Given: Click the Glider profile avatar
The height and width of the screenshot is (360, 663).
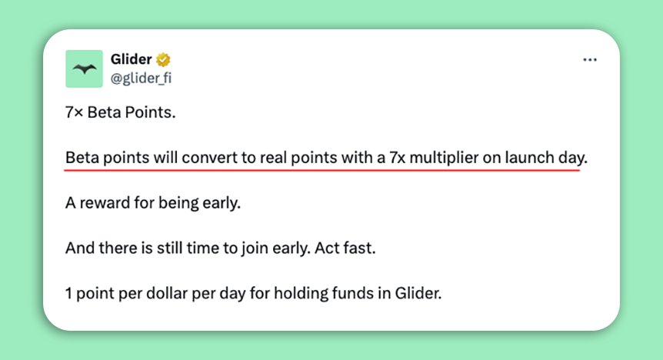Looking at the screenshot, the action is coord(84,68).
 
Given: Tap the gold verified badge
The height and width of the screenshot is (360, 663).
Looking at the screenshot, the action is coord(163,60).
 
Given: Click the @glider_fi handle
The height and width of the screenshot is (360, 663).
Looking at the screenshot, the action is coord(141,78).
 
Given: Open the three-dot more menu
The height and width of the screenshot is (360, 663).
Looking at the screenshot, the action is coord(590,60).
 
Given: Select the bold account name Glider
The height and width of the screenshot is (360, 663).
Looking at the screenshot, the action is coord(131,58).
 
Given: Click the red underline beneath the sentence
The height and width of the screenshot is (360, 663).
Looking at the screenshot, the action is coord(322,170).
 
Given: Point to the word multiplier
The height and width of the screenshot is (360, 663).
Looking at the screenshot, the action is coord(444,158).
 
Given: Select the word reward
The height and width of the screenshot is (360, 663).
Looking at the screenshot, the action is coord(105,203).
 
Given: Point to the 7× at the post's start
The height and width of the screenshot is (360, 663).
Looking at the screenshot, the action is coord(74,112).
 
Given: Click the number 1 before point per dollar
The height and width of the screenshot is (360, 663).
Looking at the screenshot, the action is coord(68,294).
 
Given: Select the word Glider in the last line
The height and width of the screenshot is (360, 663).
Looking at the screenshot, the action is coord(418,293).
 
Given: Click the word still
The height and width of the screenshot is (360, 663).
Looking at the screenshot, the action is coord(169,248).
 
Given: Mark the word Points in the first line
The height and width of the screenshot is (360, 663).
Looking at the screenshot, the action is coord(150,112).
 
